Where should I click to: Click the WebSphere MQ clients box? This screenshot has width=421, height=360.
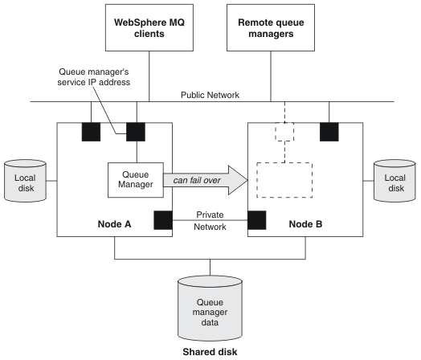149,27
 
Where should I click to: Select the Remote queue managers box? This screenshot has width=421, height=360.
271,27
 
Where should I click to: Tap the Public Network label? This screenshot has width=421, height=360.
210,95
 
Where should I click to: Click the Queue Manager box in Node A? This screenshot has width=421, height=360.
136,180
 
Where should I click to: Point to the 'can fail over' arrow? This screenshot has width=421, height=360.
206,180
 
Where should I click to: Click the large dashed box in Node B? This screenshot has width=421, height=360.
284,180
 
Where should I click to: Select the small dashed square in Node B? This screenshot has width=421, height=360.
284,132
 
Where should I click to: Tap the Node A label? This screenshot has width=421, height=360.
114,224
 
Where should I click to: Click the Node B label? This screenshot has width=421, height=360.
305,224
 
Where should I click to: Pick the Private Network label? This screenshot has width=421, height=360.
210,221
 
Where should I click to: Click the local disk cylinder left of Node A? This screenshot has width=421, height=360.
25,181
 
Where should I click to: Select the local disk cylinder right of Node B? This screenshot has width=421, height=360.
394,181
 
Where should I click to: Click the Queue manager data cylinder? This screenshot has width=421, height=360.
210,309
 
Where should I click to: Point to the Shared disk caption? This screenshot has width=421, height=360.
210,352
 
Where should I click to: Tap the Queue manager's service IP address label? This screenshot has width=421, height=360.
94,77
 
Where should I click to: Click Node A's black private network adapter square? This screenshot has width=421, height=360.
163,220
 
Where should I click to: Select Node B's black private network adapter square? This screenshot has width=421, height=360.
257,220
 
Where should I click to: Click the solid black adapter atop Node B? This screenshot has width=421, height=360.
329,132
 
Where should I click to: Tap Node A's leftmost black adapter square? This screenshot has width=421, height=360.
91,132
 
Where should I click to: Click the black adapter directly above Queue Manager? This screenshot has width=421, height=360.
136,132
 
